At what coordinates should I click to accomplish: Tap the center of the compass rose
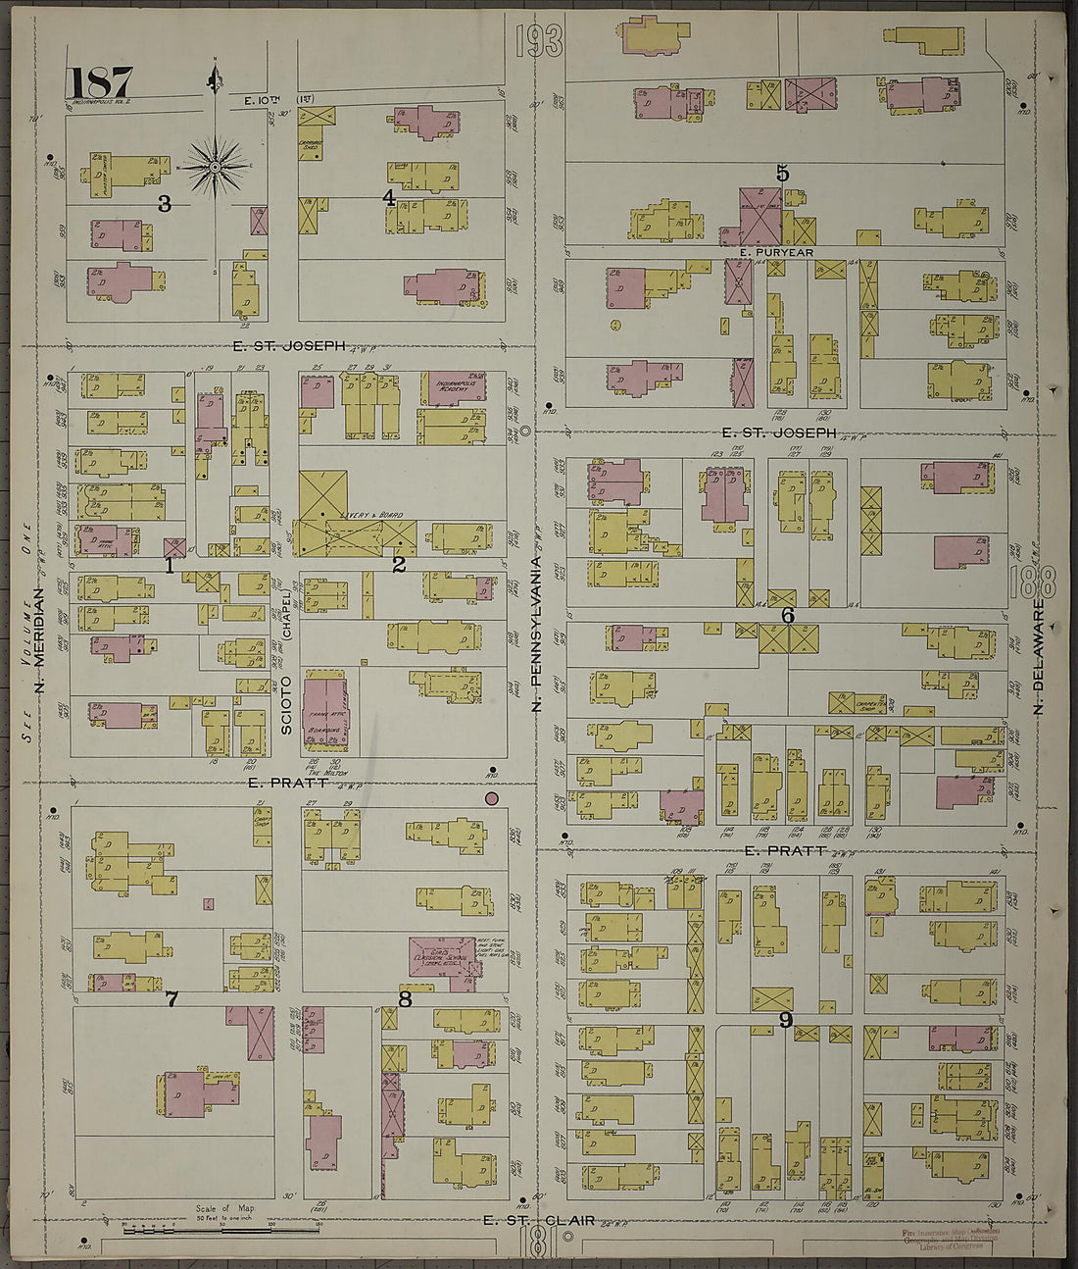[x=215, y=167]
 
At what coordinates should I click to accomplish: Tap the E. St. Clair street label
[x=539, y=1220]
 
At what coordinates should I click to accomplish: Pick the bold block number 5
[x=782, y=174]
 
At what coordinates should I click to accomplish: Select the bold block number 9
[x=785, y=1020]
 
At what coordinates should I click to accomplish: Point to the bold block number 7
[x=171, y=999]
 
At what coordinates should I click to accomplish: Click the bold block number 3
[x=165, y=204]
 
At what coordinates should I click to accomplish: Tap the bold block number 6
[x=787, y=616]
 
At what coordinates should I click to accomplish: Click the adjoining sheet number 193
[x=538, y=42]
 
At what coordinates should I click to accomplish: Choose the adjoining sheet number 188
[x=1031, y=581]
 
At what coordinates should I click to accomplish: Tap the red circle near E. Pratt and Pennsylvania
[x=492, y=799]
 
